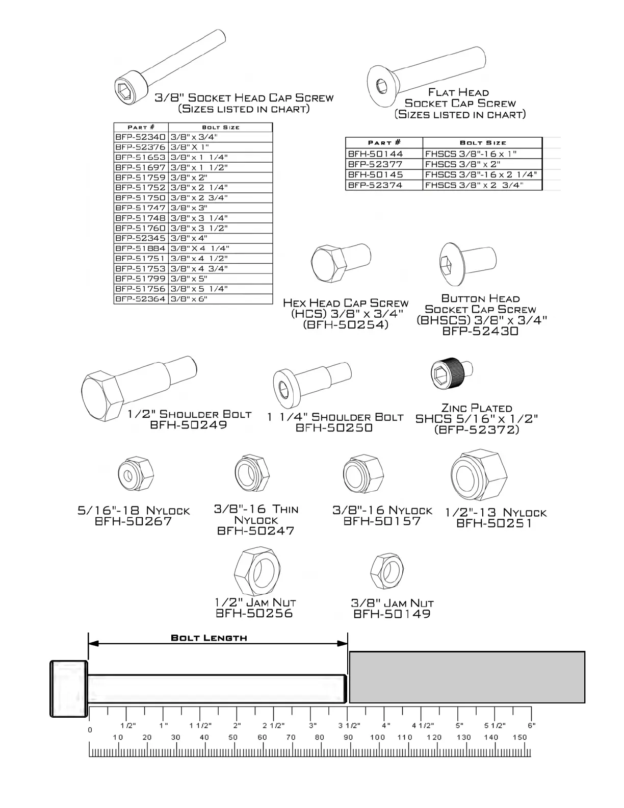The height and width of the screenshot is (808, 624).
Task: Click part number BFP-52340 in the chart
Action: [x=140, y=137]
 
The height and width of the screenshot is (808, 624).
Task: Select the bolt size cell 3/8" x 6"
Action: [x=189, y=299]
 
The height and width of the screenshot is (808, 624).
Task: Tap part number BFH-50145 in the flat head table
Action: [x=375, y=174]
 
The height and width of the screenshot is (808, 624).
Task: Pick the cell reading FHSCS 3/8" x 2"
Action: [x=463, y=164]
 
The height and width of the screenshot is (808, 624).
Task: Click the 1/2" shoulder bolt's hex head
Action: [x=102, y=396]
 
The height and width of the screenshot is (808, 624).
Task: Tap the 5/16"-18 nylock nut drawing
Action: [x=136, y=474]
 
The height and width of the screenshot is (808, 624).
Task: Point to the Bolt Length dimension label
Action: [x=209, y=638]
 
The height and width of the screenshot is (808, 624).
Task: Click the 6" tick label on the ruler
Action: [x=531, y=725]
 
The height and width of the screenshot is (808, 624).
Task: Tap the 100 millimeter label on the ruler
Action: [x=377, y=737]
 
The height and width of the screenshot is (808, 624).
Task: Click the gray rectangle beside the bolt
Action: [x=466, y=677]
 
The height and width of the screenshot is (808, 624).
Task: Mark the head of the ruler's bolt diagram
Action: [x=69, y=689]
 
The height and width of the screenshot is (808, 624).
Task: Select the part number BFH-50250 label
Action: [x=334, y=428]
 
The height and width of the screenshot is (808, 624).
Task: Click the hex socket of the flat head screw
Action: [x=381, y=85]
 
